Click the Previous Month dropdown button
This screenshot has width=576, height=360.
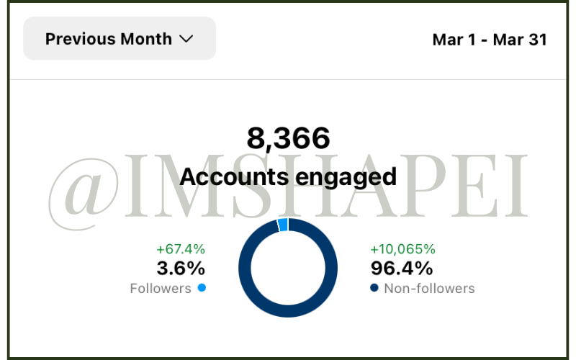pyautogui.click(x=120, y=39)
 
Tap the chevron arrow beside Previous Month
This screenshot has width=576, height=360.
pyautogui.click(x=186, y=39)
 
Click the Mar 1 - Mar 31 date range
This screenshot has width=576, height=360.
pyautogui.click(x=490, y=40)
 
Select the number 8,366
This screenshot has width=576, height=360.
pyautogui.click(x=288, y=138)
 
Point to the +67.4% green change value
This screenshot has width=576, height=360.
pyautogui.click(x=181, y=249)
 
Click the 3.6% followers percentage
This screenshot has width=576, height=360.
pyautogui.click(x=181, y=269)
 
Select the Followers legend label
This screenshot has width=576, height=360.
pyautogui.click(x=161, y=289)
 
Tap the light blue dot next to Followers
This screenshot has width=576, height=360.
pyautogui.click(x=202, y=288)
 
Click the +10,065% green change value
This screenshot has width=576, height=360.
pyautogui.click(x=402, y=249)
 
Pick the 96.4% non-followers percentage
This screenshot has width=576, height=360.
pyautogui.click(x=402, y=269)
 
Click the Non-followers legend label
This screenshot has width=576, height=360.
pyautogui.click(x=429, y=289)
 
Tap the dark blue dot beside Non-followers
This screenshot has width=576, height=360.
pyautogui.click(x=374, y=288)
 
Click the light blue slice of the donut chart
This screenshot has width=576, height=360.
pyautogui.click(x=283, y=225)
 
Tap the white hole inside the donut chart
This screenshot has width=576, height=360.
pyautogui.click(x=288, y=268)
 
